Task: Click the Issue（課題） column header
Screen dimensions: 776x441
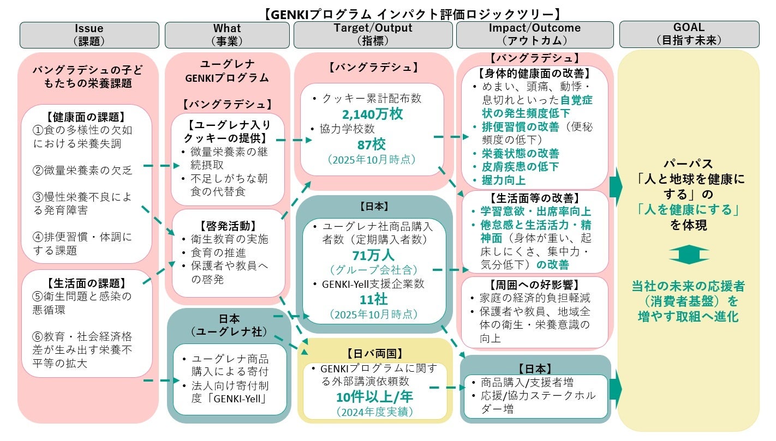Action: point(89,34)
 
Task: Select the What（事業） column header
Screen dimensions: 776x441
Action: point(226,34)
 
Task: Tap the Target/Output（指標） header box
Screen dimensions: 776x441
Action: point(373,34)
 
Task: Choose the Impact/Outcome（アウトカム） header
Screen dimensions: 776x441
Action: point(535,34)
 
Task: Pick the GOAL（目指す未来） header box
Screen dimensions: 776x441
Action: point(689,34)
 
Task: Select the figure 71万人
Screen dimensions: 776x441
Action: point(372,255)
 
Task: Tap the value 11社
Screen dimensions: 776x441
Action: point(372,299)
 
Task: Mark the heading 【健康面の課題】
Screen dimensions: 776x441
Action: point(86,117)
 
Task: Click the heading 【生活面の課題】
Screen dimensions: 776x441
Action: point(86,283)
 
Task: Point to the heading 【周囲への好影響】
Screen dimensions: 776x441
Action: point(534,285)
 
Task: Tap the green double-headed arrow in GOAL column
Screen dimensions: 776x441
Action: point(689,254)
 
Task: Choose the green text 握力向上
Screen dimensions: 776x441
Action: point(503,180)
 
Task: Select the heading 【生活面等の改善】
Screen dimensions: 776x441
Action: point(534,198)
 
